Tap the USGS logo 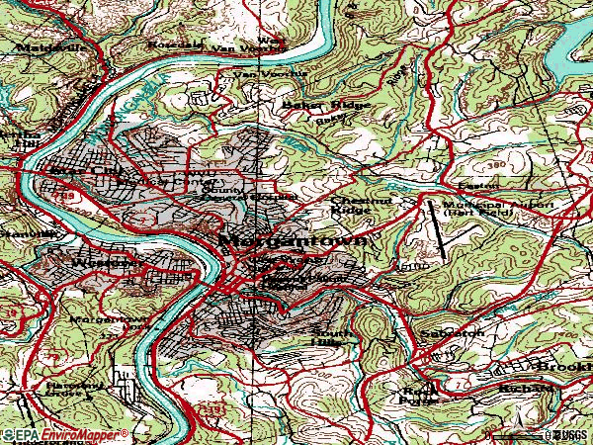pyautogui.click(x=568, y=434)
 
